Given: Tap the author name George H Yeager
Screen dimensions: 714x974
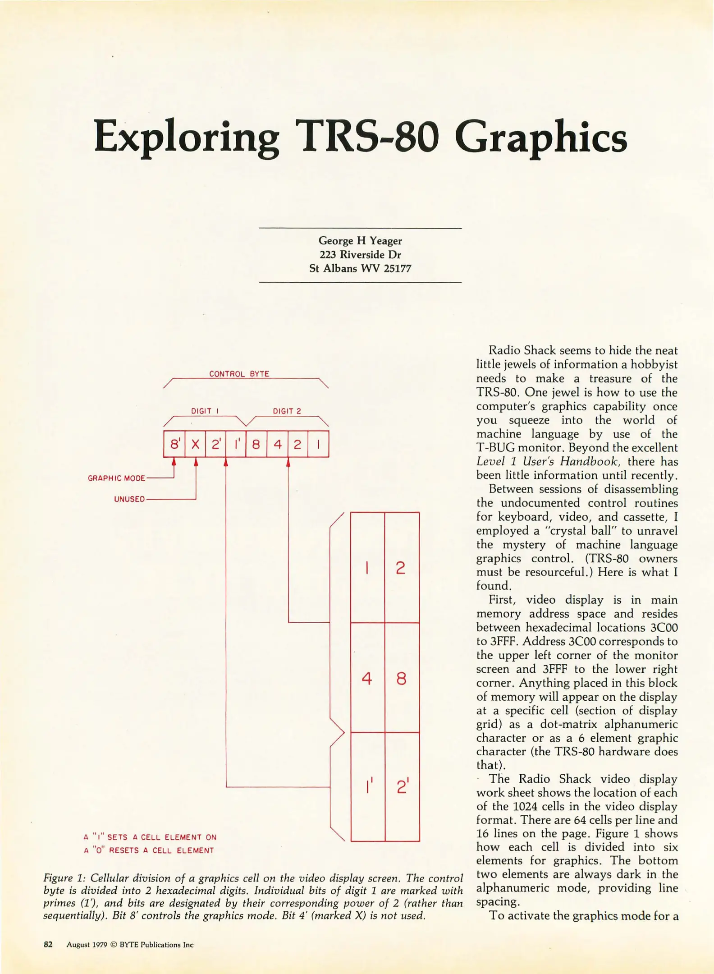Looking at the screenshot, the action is point(360,241).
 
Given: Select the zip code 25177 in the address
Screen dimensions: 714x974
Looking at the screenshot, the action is point(397,268).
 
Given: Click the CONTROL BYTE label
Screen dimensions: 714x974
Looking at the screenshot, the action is point(239,374).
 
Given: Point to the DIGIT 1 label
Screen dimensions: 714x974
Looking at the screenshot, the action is point(205,411).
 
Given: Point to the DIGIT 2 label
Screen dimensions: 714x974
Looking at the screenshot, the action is point(287,411).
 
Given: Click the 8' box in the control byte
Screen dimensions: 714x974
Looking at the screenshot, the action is point(174,444).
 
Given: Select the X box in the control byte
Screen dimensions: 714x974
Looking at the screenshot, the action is point(195,444).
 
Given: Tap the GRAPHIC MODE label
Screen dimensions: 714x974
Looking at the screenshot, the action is point(116,478).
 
